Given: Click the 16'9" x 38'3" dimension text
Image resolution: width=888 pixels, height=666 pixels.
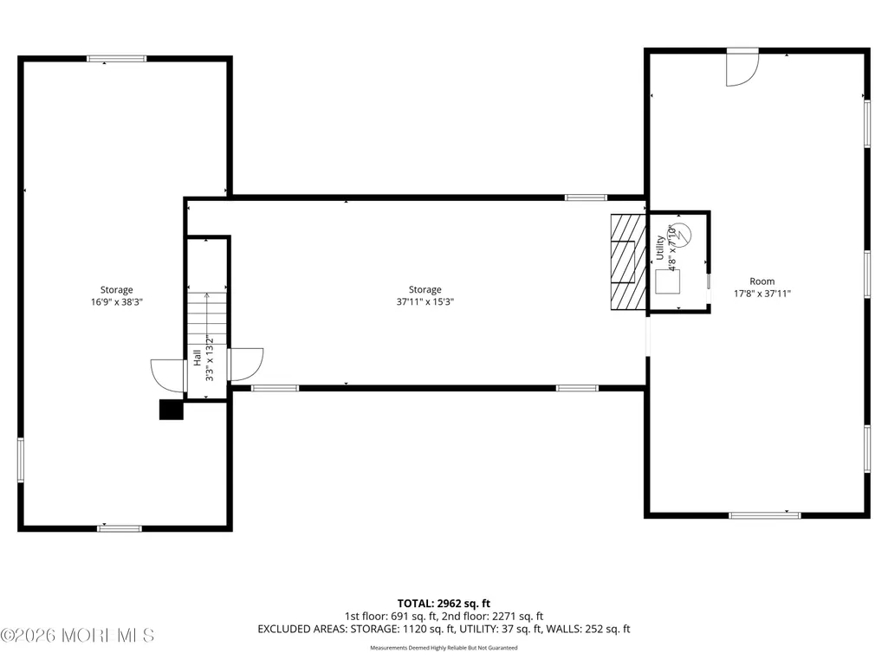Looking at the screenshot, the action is (117, 302).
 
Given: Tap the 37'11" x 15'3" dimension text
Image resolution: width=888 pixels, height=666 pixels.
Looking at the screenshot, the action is (425, 302).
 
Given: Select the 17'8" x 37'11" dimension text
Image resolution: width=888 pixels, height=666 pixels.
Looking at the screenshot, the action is (762, 294).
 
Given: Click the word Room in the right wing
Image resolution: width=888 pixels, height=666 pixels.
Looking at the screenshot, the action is (762, 281).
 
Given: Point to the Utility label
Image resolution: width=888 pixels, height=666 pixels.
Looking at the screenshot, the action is (660, 248).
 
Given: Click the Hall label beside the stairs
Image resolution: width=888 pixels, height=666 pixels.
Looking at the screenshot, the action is (197, 358).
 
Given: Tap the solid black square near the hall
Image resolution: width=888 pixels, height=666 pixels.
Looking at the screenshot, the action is (171, 410).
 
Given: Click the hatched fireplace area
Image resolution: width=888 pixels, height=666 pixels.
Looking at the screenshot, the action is (628, 262).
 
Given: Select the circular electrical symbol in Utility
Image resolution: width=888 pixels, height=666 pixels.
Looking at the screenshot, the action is (681, 234).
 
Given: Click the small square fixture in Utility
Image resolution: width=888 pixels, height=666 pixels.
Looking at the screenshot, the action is (668, 282).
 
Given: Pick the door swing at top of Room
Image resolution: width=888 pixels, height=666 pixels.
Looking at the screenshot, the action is (742, 68).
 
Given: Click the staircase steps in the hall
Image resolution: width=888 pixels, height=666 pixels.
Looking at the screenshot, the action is (207, 319).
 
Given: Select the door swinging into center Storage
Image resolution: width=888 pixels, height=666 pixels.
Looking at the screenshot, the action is (246, 365).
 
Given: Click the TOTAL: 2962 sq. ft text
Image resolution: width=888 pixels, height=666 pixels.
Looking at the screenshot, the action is (444, 604).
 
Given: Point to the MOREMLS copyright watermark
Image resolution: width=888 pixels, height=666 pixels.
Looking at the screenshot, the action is (78, 636).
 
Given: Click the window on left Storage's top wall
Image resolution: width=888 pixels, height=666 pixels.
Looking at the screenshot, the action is (117, 59).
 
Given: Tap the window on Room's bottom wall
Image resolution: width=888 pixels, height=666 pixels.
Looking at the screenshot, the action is (764, 516).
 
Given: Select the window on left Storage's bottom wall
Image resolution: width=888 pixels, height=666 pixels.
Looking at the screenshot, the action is (120, 529).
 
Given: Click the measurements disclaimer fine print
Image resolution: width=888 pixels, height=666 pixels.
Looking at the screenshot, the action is (444, 648).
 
